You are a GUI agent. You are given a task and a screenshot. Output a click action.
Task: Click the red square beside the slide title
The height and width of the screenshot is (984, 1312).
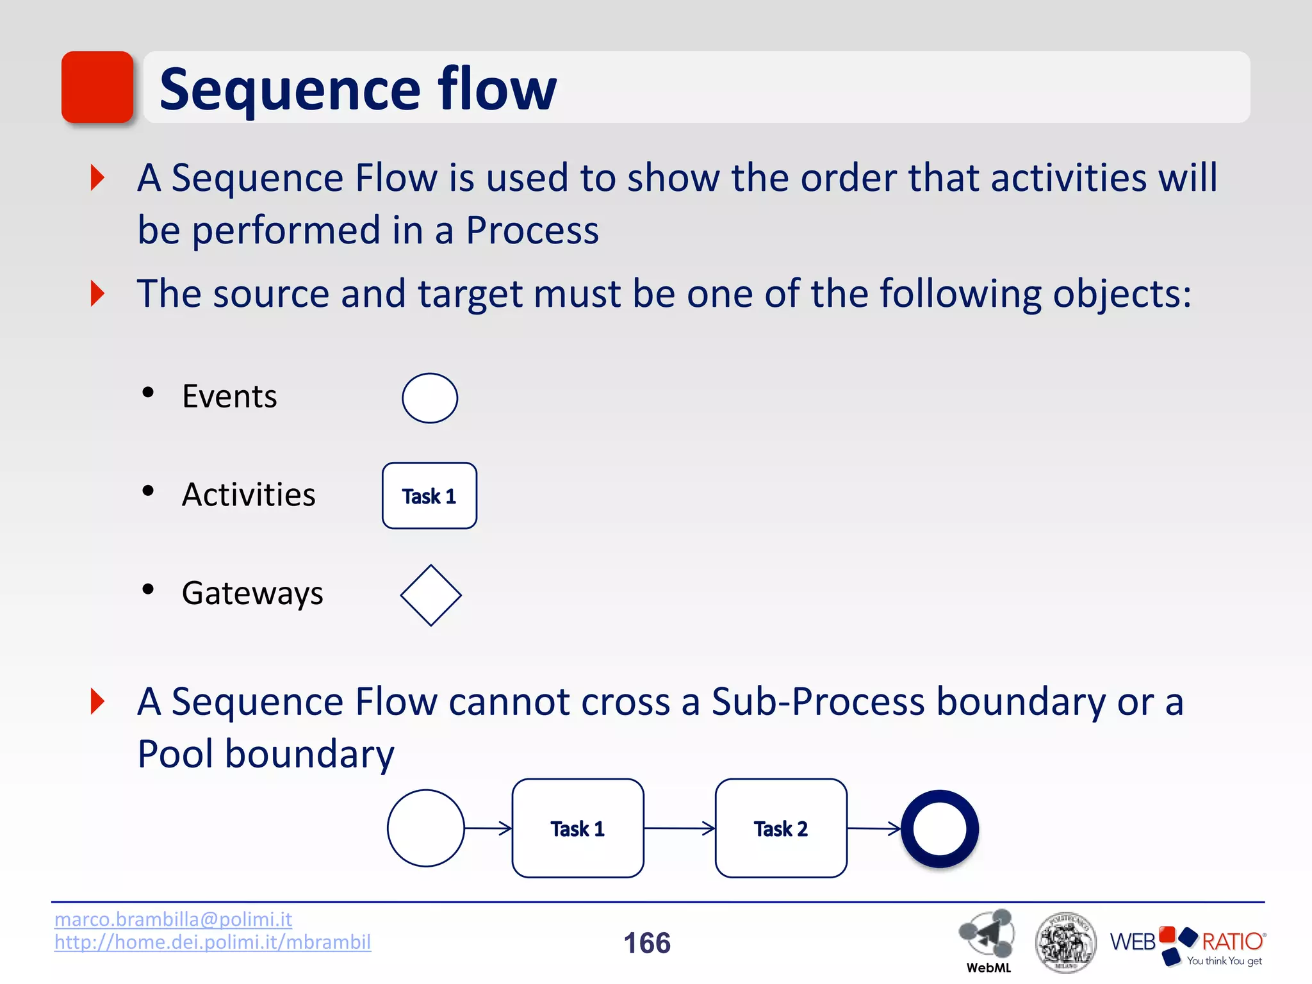tap(97, 87)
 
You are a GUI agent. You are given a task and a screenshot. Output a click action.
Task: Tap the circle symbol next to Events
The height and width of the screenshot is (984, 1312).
tap(430, 398)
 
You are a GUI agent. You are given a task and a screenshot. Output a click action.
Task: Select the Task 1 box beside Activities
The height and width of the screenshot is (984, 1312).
tap(429, 496)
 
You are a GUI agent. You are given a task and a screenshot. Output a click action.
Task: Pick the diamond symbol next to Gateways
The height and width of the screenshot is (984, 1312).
tap(430, 595)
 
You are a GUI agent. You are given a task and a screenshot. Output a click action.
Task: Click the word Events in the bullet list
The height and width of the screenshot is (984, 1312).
tap(229, 397)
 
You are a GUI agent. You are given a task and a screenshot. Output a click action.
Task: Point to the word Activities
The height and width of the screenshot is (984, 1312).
tap(249, 495)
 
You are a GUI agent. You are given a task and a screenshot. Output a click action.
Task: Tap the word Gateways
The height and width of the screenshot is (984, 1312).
tap(252, 593)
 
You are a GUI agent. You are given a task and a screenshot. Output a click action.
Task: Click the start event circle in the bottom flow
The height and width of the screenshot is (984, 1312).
tap(425, 828)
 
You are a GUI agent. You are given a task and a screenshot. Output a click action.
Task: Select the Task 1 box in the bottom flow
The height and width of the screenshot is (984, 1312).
tap(578, 828)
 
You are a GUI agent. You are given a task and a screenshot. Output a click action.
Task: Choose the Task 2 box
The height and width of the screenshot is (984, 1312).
tap(781, 828)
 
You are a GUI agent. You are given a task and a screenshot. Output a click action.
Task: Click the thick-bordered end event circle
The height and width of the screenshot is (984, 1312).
tap(940, 828)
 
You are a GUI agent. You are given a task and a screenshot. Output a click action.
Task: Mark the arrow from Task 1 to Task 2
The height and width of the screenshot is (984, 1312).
tap(679, 828)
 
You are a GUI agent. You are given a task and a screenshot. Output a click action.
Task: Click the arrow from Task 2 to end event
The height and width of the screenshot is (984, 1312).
tap(874, 828)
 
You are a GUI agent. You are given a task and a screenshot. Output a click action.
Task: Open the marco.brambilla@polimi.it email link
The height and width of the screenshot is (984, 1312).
tap(173, 919)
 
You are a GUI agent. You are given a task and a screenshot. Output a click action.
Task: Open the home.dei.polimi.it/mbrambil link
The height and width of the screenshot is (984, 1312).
tap(213, 942)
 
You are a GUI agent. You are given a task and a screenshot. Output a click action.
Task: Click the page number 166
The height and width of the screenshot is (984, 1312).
tap(647, 943)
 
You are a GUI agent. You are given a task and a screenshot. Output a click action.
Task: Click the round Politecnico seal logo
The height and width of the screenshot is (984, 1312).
tap(1065, 942)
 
